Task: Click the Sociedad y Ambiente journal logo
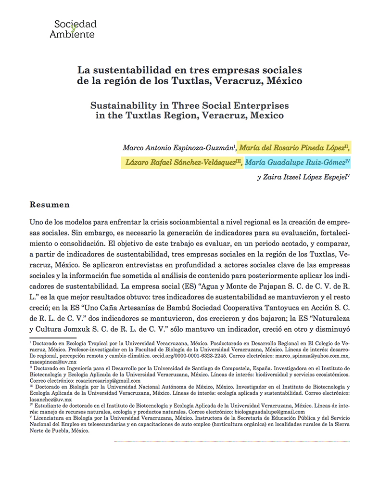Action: click(x=75, y=29)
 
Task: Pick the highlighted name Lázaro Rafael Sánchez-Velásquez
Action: click(x=181, y=162)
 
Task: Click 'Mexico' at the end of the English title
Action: click(x=268, y=116)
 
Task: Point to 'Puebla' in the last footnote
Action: click(x=71, y=431)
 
